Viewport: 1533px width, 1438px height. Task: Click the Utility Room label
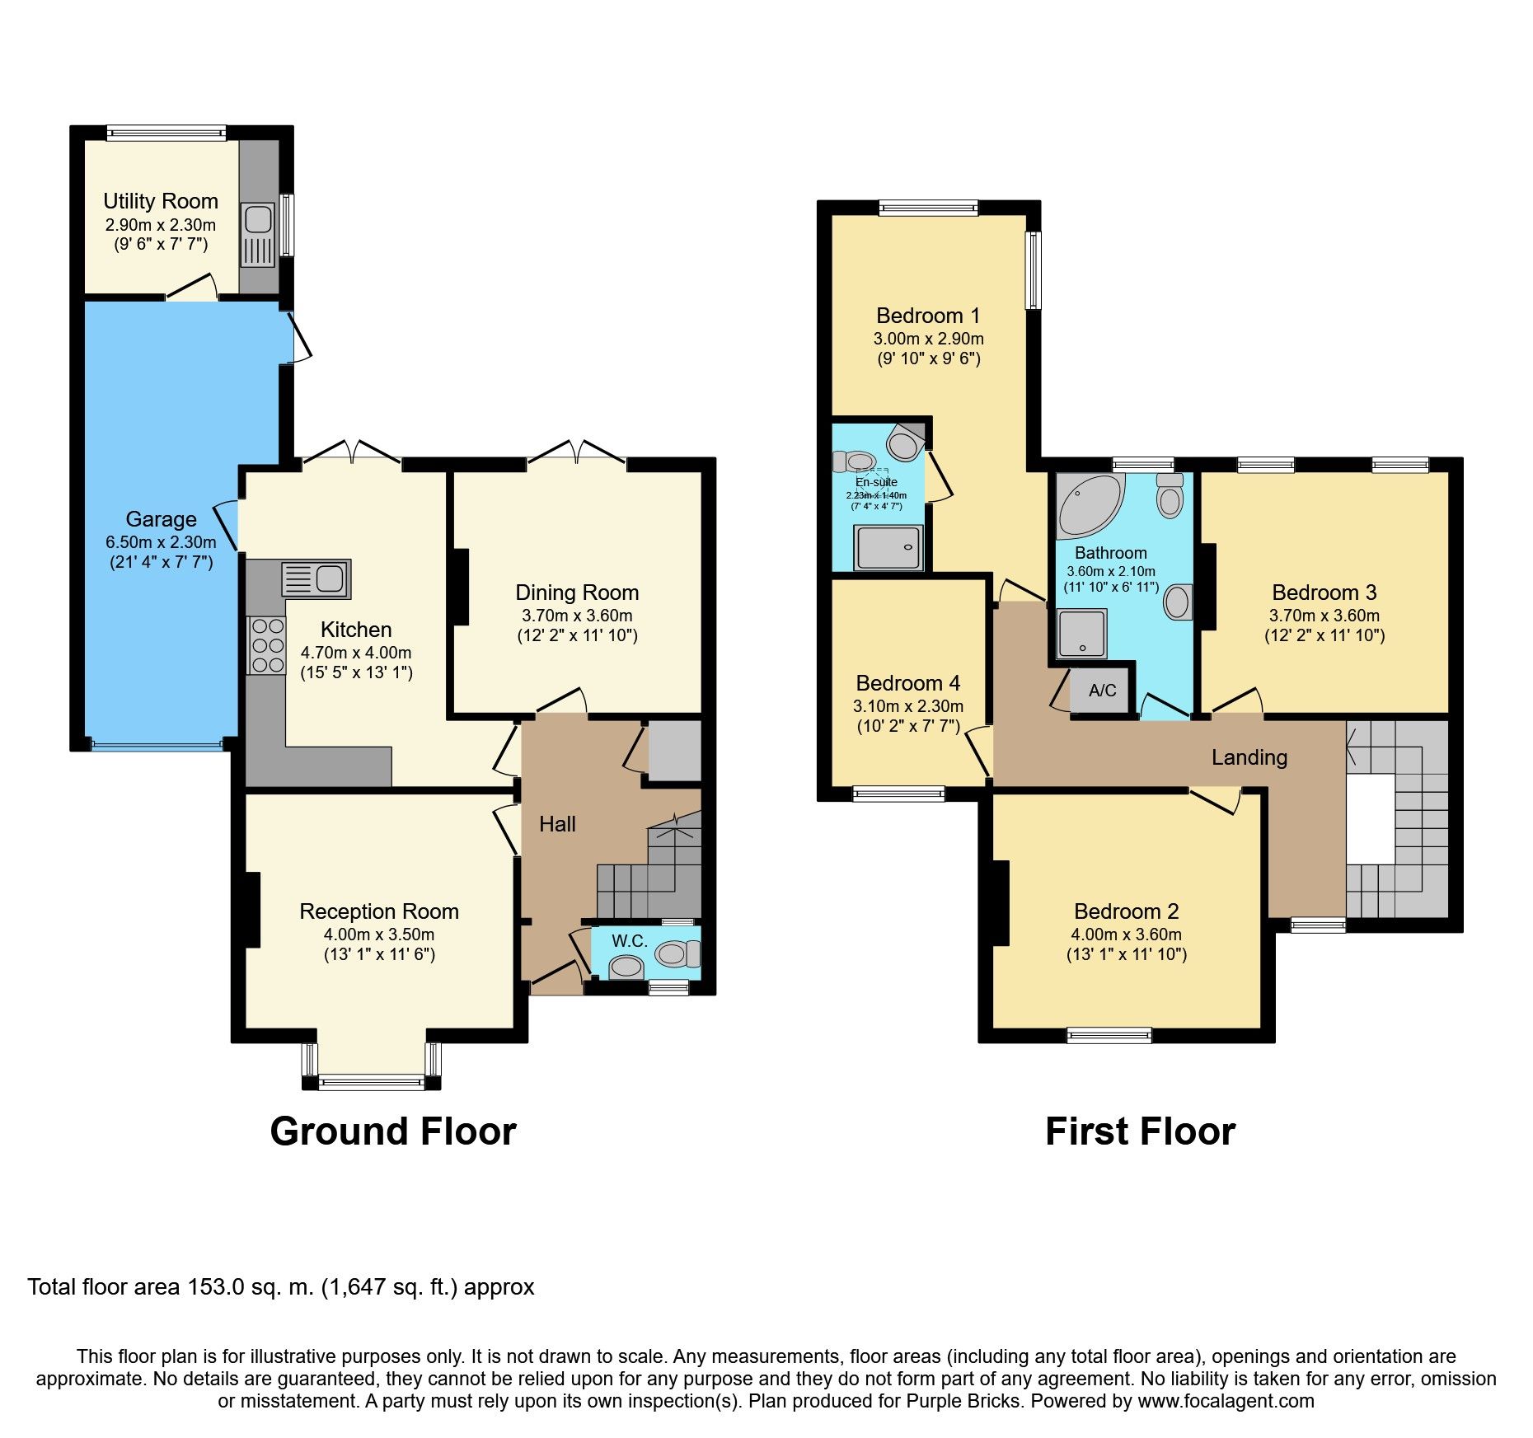pyautogui.click(x=161, y=201)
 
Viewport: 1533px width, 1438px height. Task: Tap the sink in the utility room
pyautogui.click(x=257, y=219)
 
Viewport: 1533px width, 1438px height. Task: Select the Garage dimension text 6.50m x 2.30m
pyautogui.click(x=161, y=542)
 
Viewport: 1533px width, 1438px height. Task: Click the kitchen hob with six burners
pyautogui.click(x=266, y=645)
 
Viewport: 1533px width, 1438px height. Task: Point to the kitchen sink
pyautogui.click(x=316, y=578)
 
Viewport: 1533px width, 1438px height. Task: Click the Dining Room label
pyautogui.click(x=577, y=593)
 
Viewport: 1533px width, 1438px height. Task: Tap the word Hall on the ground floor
pyautogui.click(x=557, y=824)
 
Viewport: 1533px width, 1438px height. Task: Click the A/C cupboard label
pyautogui.click(x=1102, y=691)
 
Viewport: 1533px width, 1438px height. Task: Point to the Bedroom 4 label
pyautogui.click(x=907, y=683)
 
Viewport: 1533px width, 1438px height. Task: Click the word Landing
pyautogui.click(x=1249, y=757)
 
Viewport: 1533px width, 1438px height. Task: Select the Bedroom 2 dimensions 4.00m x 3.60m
pyautogui.click(x=1126, y=934)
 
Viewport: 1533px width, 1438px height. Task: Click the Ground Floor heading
pyautogui.click(x=393, y=1131)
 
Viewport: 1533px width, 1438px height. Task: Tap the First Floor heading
pyautogui.click(x=1140, y=1131)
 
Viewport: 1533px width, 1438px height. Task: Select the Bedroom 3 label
pyautogui.click(x=1324, y=593)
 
